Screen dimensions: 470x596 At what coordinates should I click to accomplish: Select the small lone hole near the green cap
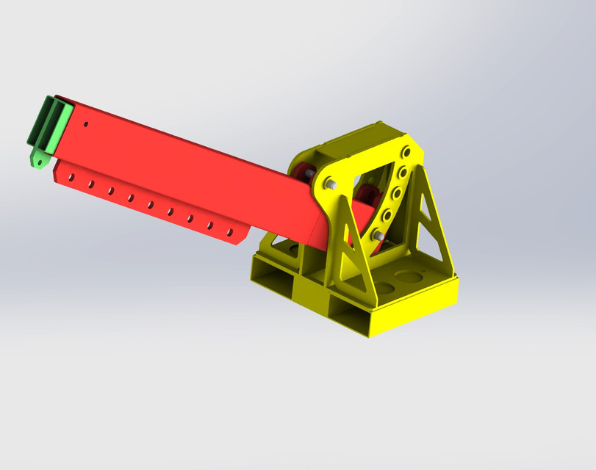click(86, 125)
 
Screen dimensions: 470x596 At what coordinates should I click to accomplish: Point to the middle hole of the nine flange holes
click(150, 204)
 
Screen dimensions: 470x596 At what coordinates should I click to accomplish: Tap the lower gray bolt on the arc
click(378, 235)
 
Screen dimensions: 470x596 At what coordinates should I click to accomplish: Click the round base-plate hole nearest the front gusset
click(384, 287)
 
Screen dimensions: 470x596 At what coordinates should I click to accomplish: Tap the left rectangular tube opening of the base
click(274, 280)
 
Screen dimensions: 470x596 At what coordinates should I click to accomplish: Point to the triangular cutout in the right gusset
click(429, 221)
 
